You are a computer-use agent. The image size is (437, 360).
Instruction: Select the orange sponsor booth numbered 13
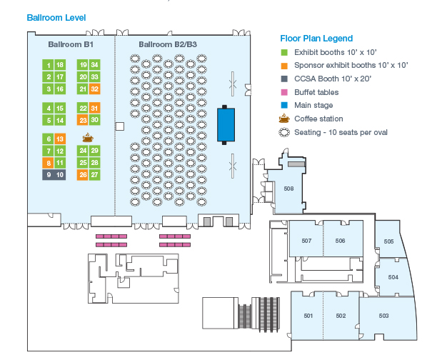60,139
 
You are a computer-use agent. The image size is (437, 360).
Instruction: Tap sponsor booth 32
94,89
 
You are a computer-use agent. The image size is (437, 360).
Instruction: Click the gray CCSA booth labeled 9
49,174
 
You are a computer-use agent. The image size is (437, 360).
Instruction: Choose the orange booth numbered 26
83,174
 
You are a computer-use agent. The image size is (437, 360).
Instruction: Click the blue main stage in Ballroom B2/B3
226,124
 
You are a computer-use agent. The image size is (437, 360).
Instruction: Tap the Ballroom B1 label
71,44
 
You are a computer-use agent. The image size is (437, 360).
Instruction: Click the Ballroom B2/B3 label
168,44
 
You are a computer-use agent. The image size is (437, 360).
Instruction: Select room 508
288,189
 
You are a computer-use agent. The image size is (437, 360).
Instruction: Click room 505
388,241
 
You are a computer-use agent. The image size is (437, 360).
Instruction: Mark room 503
383,315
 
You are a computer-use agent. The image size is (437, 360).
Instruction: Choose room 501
308,315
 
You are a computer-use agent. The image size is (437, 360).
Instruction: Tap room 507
306,241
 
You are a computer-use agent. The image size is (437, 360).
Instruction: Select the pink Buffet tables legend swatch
283,92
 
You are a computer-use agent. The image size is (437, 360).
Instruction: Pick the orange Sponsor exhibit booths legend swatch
283,65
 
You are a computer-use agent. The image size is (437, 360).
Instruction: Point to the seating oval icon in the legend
283,133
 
